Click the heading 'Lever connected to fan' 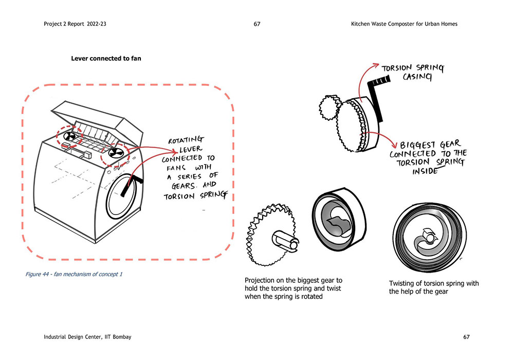click(106, 59)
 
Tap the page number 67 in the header click(257, 24)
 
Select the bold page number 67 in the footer click(466, 337)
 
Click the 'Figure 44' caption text click(74, 274)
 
